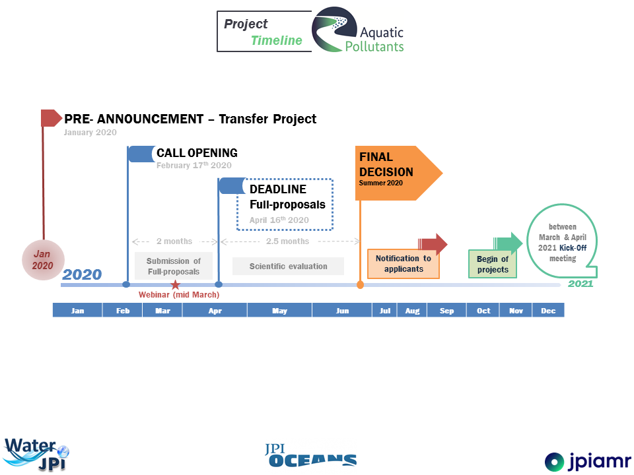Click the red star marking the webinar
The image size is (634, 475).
click(x=175, y=285)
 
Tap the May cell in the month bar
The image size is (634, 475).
click(x=279, y=310)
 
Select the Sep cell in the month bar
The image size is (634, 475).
click(x=446, y=310)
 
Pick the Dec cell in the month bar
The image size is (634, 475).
click(x=548, y=310)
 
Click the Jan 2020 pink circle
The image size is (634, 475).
click(x=43, y=260)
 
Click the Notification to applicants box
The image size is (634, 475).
click(x=403, y=264)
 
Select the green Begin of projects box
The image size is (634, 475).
click(x=493, y=264)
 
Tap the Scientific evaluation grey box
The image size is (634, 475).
click(x=289, y=266)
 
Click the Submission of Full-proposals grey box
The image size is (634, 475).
click(x=174, y=266)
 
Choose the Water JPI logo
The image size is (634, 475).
click(x=36, y=455)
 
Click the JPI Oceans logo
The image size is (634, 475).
click(x=310, y=455)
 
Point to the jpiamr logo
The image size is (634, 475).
click(x=588, y=461)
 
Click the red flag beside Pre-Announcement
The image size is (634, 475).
click(x=52, y=118)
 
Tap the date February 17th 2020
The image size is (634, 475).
click(x=194, y=165)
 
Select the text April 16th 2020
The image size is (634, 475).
click(x=279, y=220)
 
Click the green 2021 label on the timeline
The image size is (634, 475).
click(x=581, y=284)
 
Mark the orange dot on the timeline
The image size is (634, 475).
click(x=360, y=285)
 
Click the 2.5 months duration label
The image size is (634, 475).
click(x=287, y=241)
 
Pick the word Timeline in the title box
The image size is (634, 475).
click(x=277, y=40)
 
